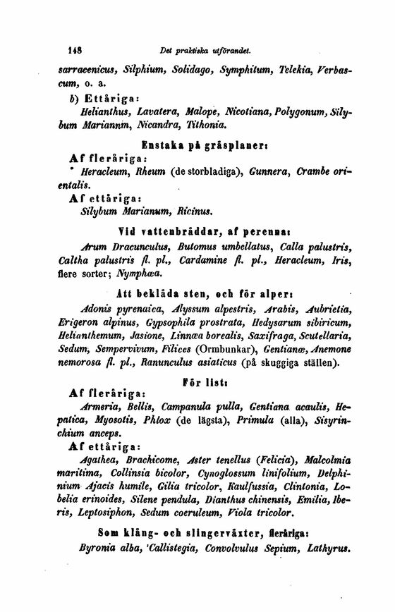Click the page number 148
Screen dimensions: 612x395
point(75,51)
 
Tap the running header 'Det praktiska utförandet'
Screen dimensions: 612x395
point(205,51)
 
